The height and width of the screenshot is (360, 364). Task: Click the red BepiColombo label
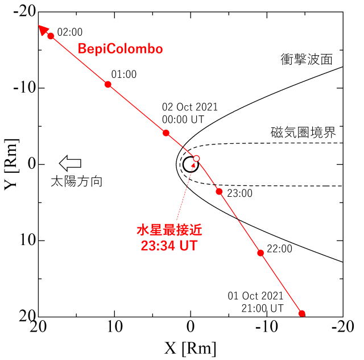tap(120, 49)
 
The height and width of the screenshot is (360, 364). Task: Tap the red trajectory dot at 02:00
tap(51, 36)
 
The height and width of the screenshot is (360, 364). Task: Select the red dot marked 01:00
tap(108, 84)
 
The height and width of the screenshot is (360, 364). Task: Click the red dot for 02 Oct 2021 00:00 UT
tap(166, 133)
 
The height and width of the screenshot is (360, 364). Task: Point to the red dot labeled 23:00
tap(219, 191)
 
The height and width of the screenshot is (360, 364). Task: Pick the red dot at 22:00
tap(260, 253)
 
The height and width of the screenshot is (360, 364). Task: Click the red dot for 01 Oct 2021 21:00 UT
tap(302, 313)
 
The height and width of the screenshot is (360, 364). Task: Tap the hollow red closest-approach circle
tap(196, 158)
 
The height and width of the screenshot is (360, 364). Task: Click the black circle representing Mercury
tap(191, 164)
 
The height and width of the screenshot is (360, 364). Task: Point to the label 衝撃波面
tap(307, 59)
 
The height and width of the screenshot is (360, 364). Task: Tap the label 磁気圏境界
tap(303, 133)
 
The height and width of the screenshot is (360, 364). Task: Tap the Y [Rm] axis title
tap(13, 164)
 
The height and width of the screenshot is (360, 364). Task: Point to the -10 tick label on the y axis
tap(20, 88)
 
